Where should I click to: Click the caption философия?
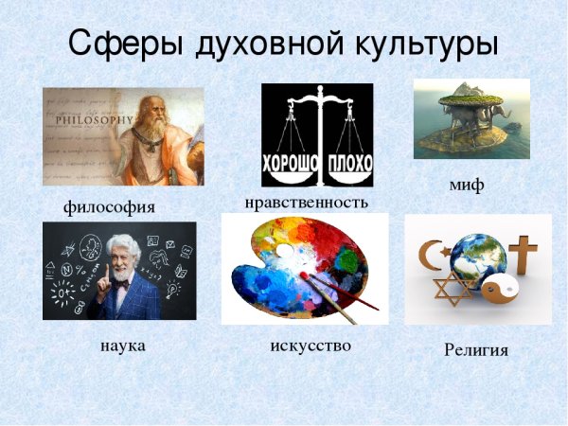point(109,205)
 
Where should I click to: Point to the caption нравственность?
point(306,202)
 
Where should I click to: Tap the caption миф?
point(467,185)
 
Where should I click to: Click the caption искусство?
point(311,346)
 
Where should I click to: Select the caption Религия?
point(476,350)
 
